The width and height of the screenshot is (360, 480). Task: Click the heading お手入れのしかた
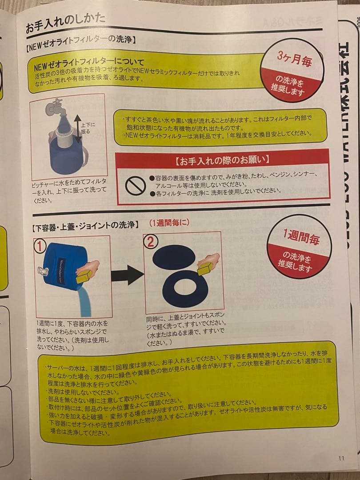tap(65, 21)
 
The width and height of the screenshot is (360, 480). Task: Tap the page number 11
tap(341, 458)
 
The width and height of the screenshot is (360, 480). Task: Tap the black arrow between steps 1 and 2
tap(126, 275)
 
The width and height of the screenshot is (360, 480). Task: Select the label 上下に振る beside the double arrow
tap(88, 128)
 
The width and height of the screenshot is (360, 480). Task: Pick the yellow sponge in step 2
tap(206, 268)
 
